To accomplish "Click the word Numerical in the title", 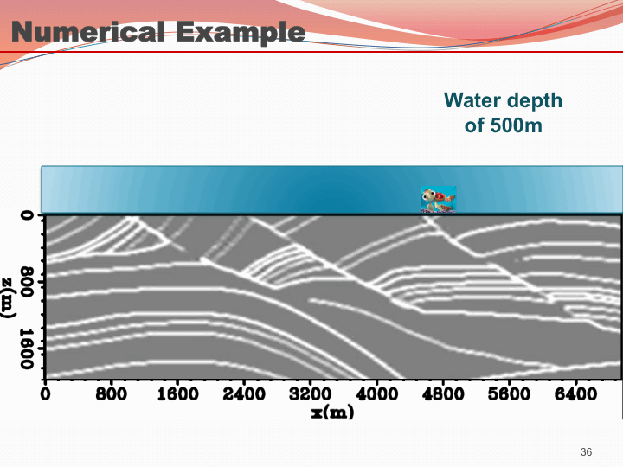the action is [87, 31].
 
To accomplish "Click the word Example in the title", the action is [241, 32].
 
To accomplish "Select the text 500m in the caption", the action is [516, 125].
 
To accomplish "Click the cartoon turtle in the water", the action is [438, 200].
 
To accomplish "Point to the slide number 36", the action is [586, 452].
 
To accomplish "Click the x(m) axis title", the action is [332, 413].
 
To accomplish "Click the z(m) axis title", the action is [8, 297].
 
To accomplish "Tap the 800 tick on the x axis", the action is [112, 394].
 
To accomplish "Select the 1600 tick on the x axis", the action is [177, 394].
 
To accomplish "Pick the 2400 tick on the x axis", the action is [244, 394].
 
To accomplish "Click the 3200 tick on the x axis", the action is [311, 394].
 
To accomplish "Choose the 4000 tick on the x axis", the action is [376, 394].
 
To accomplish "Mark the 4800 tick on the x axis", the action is [443, 394].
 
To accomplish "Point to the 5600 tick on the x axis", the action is [510, 394].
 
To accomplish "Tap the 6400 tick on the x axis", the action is [575, 394].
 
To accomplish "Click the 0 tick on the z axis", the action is [28, 215].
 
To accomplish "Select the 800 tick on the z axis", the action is [28, 282].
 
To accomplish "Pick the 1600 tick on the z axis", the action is [28, 349].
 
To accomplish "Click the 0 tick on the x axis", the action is [45, 394].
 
